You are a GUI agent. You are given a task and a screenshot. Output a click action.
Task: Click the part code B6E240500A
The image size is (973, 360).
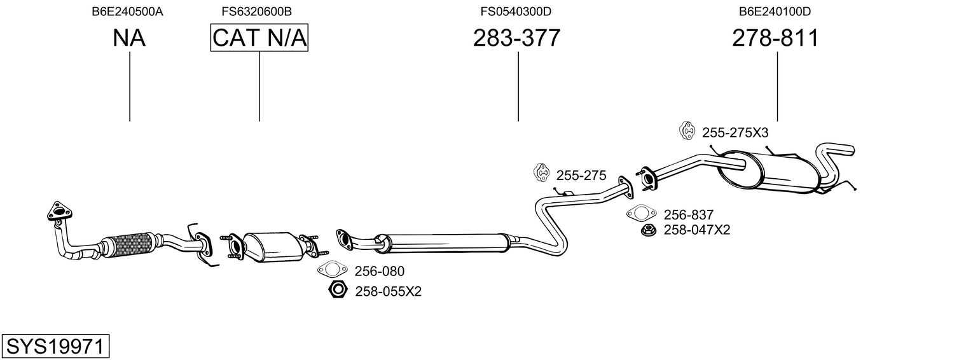coord(127,11)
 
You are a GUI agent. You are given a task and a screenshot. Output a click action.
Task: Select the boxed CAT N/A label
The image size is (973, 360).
coord(259,38)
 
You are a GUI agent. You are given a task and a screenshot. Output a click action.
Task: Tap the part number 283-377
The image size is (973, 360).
coord(516,38)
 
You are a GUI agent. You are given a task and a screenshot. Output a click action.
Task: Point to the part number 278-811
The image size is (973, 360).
coord(775,38)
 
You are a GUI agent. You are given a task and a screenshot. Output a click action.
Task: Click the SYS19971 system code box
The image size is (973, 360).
coord(56,347)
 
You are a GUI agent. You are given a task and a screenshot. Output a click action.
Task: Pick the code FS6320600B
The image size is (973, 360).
coord(257,11)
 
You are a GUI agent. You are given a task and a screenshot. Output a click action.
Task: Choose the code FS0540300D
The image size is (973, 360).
coord(516,11)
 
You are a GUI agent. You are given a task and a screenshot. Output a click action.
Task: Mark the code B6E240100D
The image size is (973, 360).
coord(775,11)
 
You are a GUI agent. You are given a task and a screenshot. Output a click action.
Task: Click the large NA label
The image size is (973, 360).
coord(129,38)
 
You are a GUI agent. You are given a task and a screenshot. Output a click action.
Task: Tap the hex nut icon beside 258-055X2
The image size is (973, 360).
coord(337,291)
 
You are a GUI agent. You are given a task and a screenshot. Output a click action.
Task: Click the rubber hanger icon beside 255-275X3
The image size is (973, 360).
coord(687,131)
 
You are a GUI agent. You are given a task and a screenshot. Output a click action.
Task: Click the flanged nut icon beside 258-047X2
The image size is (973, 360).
coord(648,230)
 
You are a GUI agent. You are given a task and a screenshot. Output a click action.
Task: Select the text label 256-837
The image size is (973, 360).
coord(688,215)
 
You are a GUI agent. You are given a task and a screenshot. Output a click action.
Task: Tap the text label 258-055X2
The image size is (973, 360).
coord(388,292)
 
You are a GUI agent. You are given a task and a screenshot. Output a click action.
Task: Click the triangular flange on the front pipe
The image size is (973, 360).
coord(59,212)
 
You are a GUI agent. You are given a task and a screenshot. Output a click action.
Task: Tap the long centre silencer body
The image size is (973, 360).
coord(445,242)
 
